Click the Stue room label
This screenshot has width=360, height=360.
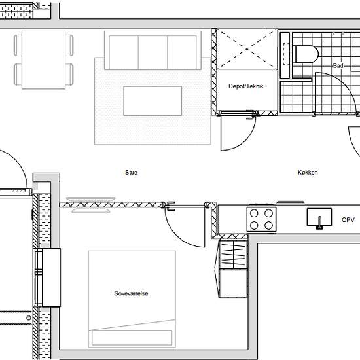tap(132, 173)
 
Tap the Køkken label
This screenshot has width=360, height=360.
tap(308, 173)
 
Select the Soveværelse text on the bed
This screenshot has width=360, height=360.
tap(131, 293)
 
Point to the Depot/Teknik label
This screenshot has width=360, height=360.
tap(246, 86)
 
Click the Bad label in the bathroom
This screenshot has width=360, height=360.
tap(338, 66)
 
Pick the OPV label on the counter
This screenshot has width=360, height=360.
tap(348, 220)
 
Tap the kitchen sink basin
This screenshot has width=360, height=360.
tap(319, 217)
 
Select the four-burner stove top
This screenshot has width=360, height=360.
tap(262, 219)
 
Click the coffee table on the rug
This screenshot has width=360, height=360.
tap(153, 101)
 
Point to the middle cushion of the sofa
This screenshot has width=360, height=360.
tap(153, 52)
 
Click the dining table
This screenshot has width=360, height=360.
tap(44, 60)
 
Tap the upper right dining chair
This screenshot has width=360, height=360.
tap(69, 45)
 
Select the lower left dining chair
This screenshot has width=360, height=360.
tap(18, 75)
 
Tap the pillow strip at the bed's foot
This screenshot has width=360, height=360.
tap(132, 338)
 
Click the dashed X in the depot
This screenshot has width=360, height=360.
tap(247, 49)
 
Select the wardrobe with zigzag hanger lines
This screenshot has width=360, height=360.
tap(233, 254)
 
